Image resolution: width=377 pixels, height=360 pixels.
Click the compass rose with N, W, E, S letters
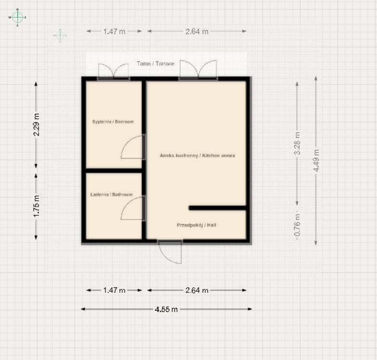click(17, 17)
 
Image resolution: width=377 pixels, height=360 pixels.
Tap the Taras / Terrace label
click(156, 64)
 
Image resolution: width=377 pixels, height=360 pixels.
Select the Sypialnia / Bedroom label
click(113, 122)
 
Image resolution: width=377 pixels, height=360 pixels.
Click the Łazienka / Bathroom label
click(112, 194)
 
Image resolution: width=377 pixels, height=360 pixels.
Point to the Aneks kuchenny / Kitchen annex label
click(197, 156)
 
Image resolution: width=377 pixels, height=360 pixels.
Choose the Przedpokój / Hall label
click(196, 225)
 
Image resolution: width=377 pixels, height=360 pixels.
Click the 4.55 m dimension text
click(167, 309)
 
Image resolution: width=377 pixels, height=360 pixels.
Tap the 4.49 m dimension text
click(316, 160)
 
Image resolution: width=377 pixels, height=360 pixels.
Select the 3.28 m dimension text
click(298, 143)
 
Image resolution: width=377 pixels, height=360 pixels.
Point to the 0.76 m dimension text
click(298, 225)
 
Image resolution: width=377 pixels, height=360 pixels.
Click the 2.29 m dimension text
click(37, 125)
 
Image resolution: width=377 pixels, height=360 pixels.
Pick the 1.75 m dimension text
click(37, 206)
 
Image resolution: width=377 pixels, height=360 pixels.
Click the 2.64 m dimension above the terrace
click(197, 31)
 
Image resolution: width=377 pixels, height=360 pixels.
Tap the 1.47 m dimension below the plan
click(114, 290)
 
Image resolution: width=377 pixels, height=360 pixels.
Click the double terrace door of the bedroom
click(114, 71)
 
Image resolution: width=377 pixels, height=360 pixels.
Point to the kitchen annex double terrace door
click(198, 69)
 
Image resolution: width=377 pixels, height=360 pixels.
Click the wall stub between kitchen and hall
click(218, 208)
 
